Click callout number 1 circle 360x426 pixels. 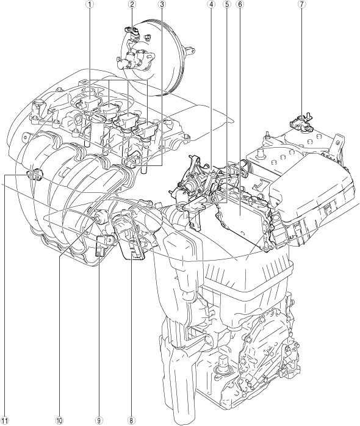90,4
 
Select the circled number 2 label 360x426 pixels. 132,4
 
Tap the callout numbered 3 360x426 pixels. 162,4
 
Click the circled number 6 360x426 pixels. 239,4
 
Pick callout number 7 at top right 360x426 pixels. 301,4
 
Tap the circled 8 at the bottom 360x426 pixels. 132,421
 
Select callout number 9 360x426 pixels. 99,421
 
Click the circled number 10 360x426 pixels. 59,421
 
